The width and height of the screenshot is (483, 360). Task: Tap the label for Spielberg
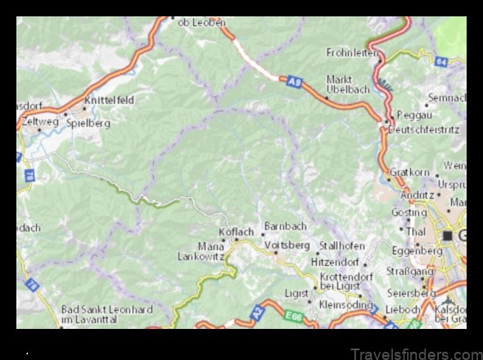click(x=88, y=123)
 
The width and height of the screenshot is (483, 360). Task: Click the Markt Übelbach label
click(x=348, y=84)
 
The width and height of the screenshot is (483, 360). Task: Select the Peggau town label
click(x=413, y=115)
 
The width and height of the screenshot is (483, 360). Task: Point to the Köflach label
click(x=237, y=232)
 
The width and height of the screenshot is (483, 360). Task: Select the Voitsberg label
click(x=291, y=245)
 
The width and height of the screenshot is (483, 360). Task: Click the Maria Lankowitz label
click(x=201, y=250)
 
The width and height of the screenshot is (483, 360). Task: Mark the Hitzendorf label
click(x=335, y=263)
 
